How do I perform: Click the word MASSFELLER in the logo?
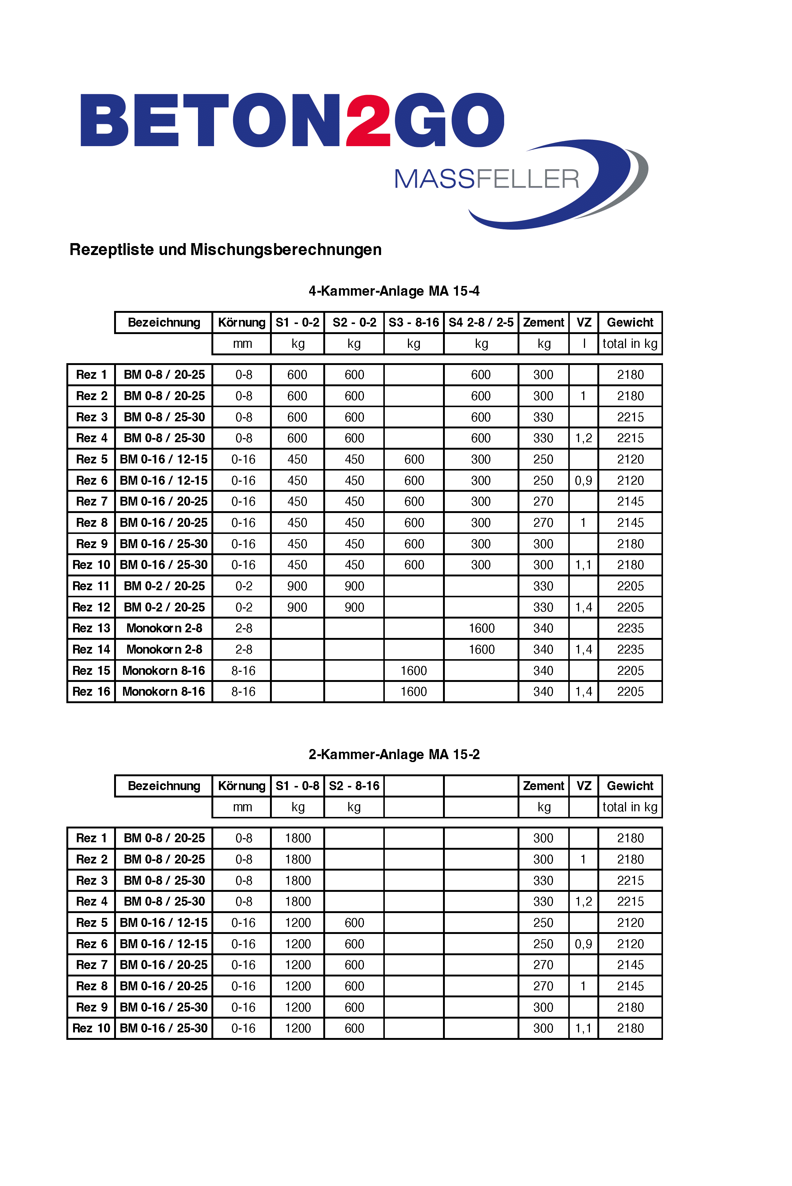pos(486,179)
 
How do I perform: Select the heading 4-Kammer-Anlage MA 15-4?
pos(394,291)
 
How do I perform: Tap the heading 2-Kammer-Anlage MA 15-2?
pos(394,754)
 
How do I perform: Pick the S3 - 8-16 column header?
pos(414,322)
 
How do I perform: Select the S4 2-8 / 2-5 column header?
pos(481,322)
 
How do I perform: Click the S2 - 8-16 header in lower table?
pos(354,786)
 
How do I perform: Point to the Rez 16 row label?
pos(91,691)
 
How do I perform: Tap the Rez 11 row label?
pos(91,586)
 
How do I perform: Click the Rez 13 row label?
pos(91,628)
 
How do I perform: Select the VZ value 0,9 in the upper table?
pos(584,481)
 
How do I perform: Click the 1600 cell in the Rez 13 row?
pos(481,628)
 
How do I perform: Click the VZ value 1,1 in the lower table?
pos(584,1028)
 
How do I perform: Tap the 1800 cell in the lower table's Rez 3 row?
pos(298,881)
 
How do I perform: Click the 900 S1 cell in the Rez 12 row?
pos(297,607)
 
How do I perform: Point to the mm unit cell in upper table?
pos(242,344)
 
